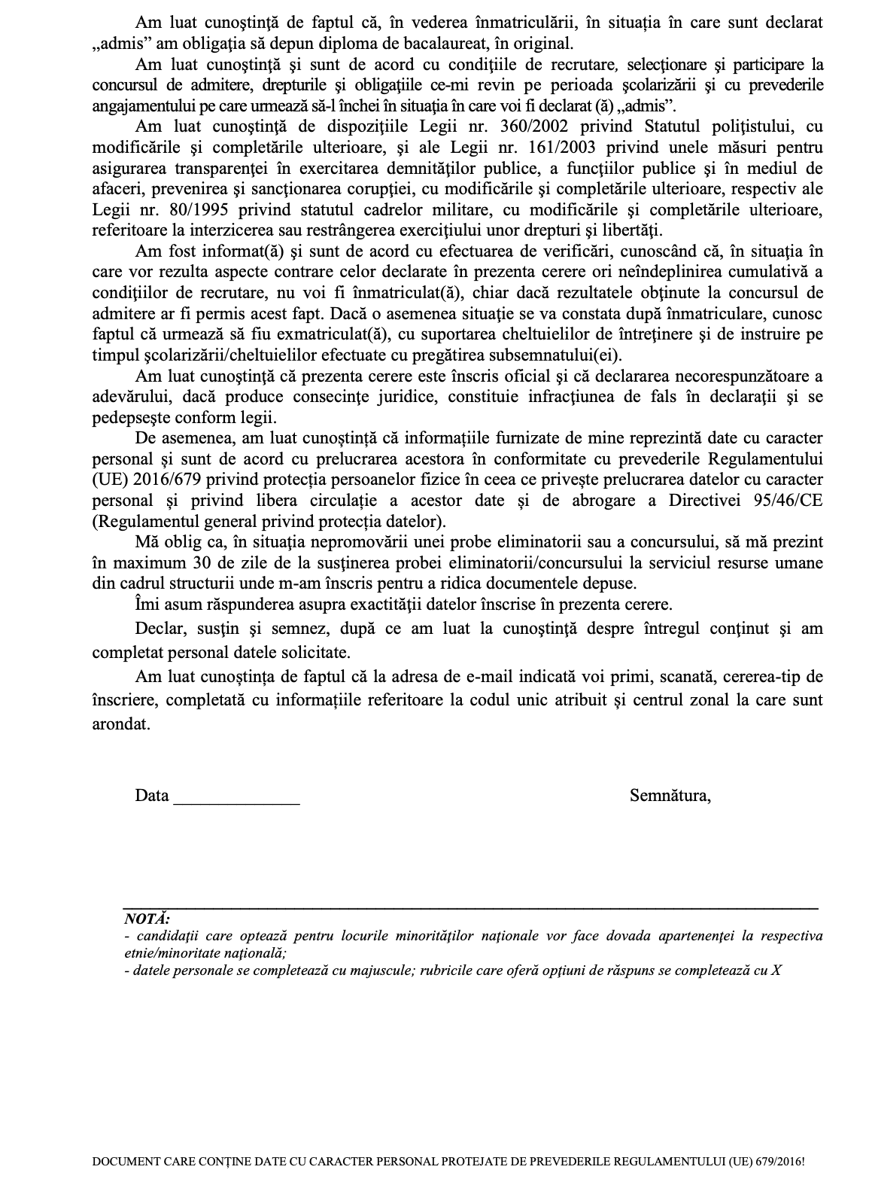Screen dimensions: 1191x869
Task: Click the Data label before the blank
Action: pyautogui.click(x=151, y=796)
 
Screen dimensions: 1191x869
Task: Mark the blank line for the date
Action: pyautogui.click(x=236, y=803)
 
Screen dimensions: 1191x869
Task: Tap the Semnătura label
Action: pyautogui.click(x=670, y=796)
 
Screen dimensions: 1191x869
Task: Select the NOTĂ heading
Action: pyautogui.click(x=147, y=919)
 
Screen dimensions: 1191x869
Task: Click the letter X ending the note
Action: pyautogui.click(x=776, y=970)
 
